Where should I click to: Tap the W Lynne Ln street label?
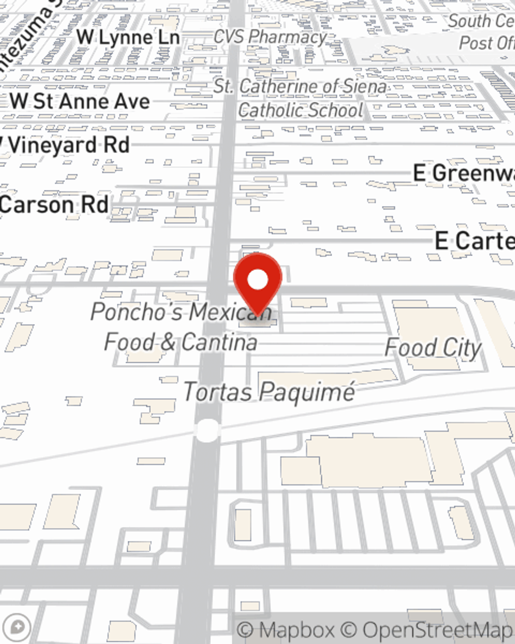128,38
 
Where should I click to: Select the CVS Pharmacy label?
270,37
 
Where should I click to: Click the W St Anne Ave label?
80,101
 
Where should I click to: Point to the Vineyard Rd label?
67,145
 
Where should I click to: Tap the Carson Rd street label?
55,205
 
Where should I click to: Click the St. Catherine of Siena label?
300,87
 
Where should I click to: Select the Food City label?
433,348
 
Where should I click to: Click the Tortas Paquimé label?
269,392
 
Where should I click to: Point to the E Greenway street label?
463,173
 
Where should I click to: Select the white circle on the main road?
207,431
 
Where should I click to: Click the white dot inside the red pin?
257,280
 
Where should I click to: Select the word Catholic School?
301,110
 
